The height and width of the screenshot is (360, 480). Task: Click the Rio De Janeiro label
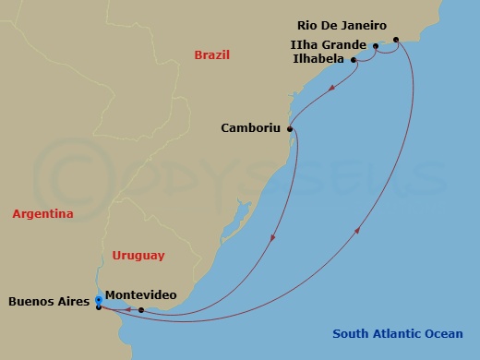click(x=342, y=26)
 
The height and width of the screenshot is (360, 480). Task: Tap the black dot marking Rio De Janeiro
click(x=396, y=40)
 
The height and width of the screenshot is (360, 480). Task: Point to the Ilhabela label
click(x=315, y=59)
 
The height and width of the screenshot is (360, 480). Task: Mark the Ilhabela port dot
click(x=354, y=60)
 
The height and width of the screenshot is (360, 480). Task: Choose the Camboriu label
click(x=252, y=128)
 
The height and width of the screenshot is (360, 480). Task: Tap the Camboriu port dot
click(x=291, y=128)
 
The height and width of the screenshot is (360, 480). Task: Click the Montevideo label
click(x=141, y=295)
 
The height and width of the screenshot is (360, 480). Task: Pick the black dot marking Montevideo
click(x=141, y=310)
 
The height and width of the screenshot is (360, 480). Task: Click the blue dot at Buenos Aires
click(x=99, y=299)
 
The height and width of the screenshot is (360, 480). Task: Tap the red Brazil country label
click(x=211, y=55)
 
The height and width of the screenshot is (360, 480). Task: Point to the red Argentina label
click(x=42, y=214)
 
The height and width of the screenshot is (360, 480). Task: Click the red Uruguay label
click(x=138, y=255)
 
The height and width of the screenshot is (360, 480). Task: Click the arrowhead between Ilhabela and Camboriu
click(x=330, y=90)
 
